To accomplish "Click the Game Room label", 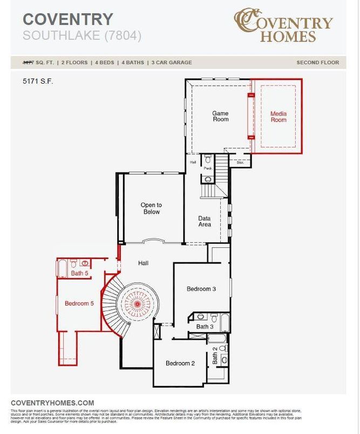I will point(220,116).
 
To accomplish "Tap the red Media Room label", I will point(279,117).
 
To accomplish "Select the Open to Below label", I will point(151,208).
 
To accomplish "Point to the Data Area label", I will point(205,221).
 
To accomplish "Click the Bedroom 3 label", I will point(201,289).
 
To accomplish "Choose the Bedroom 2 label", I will point(180,363).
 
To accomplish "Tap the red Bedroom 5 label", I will point(79,303).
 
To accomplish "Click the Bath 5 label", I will point(79,274).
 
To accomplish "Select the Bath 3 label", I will point(205,327).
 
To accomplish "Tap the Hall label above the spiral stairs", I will point(143,263).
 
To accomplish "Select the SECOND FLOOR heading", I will point(317,63).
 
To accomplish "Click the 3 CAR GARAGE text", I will point(172,63).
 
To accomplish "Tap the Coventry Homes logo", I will point(283,25).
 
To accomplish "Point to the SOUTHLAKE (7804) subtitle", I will point(82,36).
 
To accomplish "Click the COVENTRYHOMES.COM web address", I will point(52,403).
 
